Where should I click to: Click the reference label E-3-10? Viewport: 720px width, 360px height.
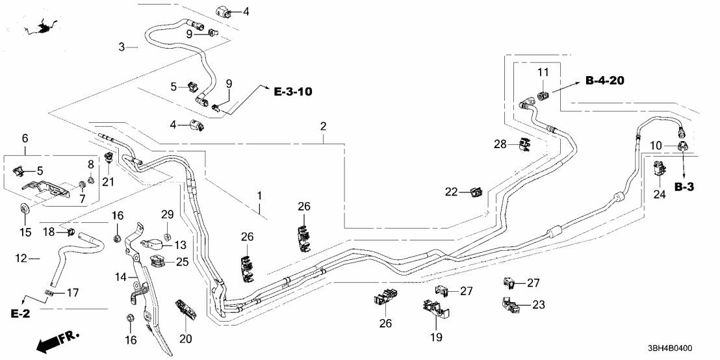coord(292,92)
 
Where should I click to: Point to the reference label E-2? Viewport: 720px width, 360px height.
coord(21,315)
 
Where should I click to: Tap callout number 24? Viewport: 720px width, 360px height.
coord(659,194)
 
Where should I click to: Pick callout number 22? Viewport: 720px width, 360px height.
coord(450,191)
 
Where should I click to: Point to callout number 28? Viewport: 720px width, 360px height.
coord(500,143)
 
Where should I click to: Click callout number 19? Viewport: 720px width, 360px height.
coord(435,337)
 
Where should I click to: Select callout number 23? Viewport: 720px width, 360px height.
coord(539,304)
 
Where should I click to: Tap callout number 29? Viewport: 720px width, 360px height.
coord(167,214)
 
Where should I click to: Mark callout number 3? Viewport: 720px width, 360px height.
coord(122,47)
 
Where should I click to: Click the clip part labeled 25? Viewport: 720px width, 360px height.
coord(157,261)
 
